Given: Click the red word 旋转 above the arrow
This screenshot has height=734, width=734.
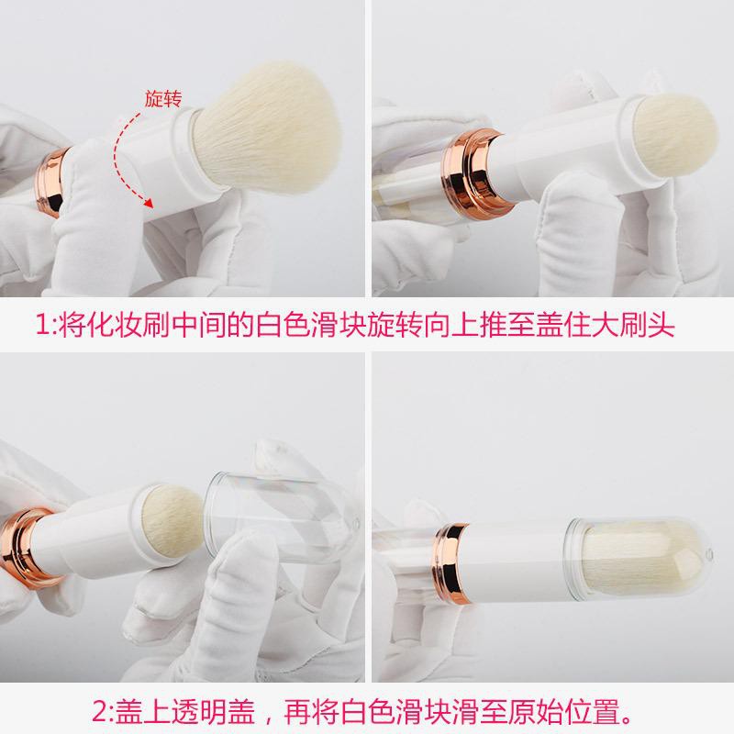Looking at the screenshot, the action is point(162,99).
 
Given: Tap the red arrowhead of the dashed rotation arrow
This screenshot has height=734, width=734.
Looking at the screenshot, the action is point(148,203).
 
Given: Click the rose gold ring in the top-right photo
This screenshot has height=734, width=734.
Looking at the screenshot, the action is point(472,172).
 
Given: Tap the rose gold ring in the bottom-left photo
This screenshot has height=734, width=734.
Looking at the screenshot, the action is point(25,547).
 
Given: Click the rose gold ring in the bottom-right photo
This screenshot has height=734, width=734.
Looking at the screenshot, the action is point(450,563).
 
